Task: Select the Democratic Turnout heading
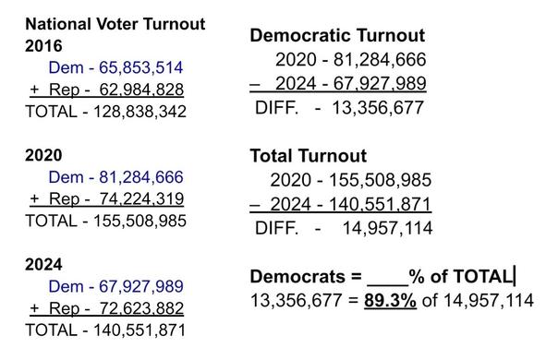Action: (x=337, y=36)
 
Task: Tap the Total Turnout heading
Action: (x=309, y=156)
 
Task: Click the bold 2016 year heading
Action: (x=43, y=44)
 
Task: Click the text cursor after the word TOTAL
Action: (x=514, y=275)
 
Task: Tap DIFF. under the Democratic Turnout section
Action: (x=276, y=107)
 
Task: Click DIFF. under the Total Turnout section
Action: (x=276, y=226)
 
